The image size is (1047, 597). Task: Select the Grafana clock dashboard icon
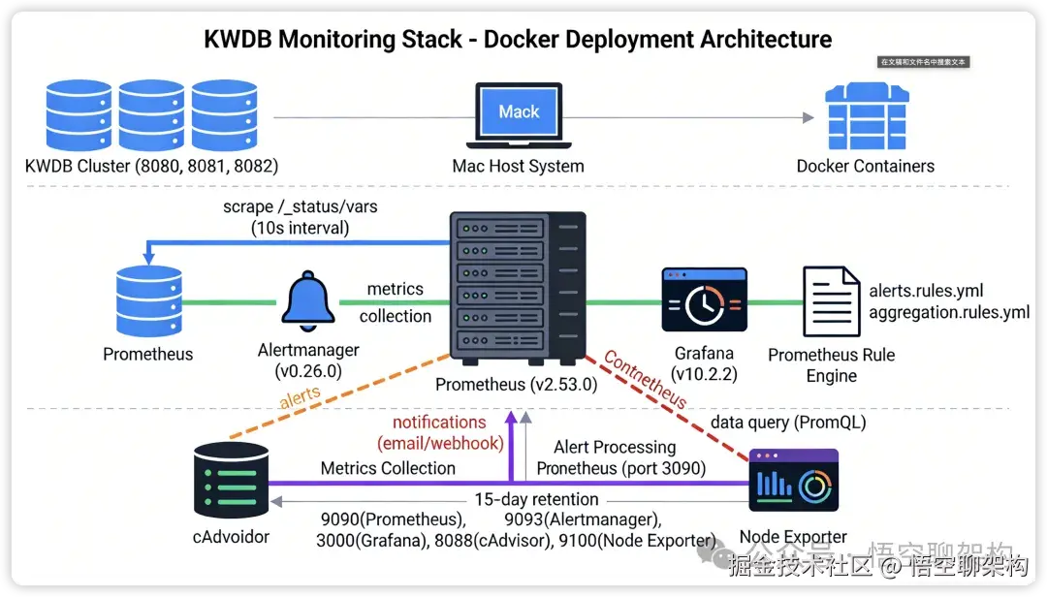(704, 302)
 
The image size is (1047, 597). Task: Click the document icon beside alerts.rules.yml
(831, 302)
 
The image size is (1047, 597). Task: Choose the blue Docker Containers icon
(866, 116)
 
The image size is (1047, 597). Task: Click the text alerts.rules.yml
(926, 291)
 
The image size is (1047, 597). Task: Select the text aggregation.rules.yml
(949, 312)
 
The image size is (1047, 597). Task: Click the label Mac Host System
(519, 166)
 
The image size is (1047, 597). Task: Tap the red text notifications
(439, 423)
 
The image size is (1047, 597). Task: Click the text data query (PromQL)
(788, 423)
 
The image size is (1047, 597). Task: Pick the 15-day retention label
(536, 500)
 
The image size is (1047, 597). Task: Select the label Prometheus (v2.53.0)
(516, 385)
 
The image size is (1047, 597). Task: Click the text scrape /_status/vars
(286, 207)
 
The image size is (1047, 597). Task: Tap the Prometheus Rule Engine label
(831, 364)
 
